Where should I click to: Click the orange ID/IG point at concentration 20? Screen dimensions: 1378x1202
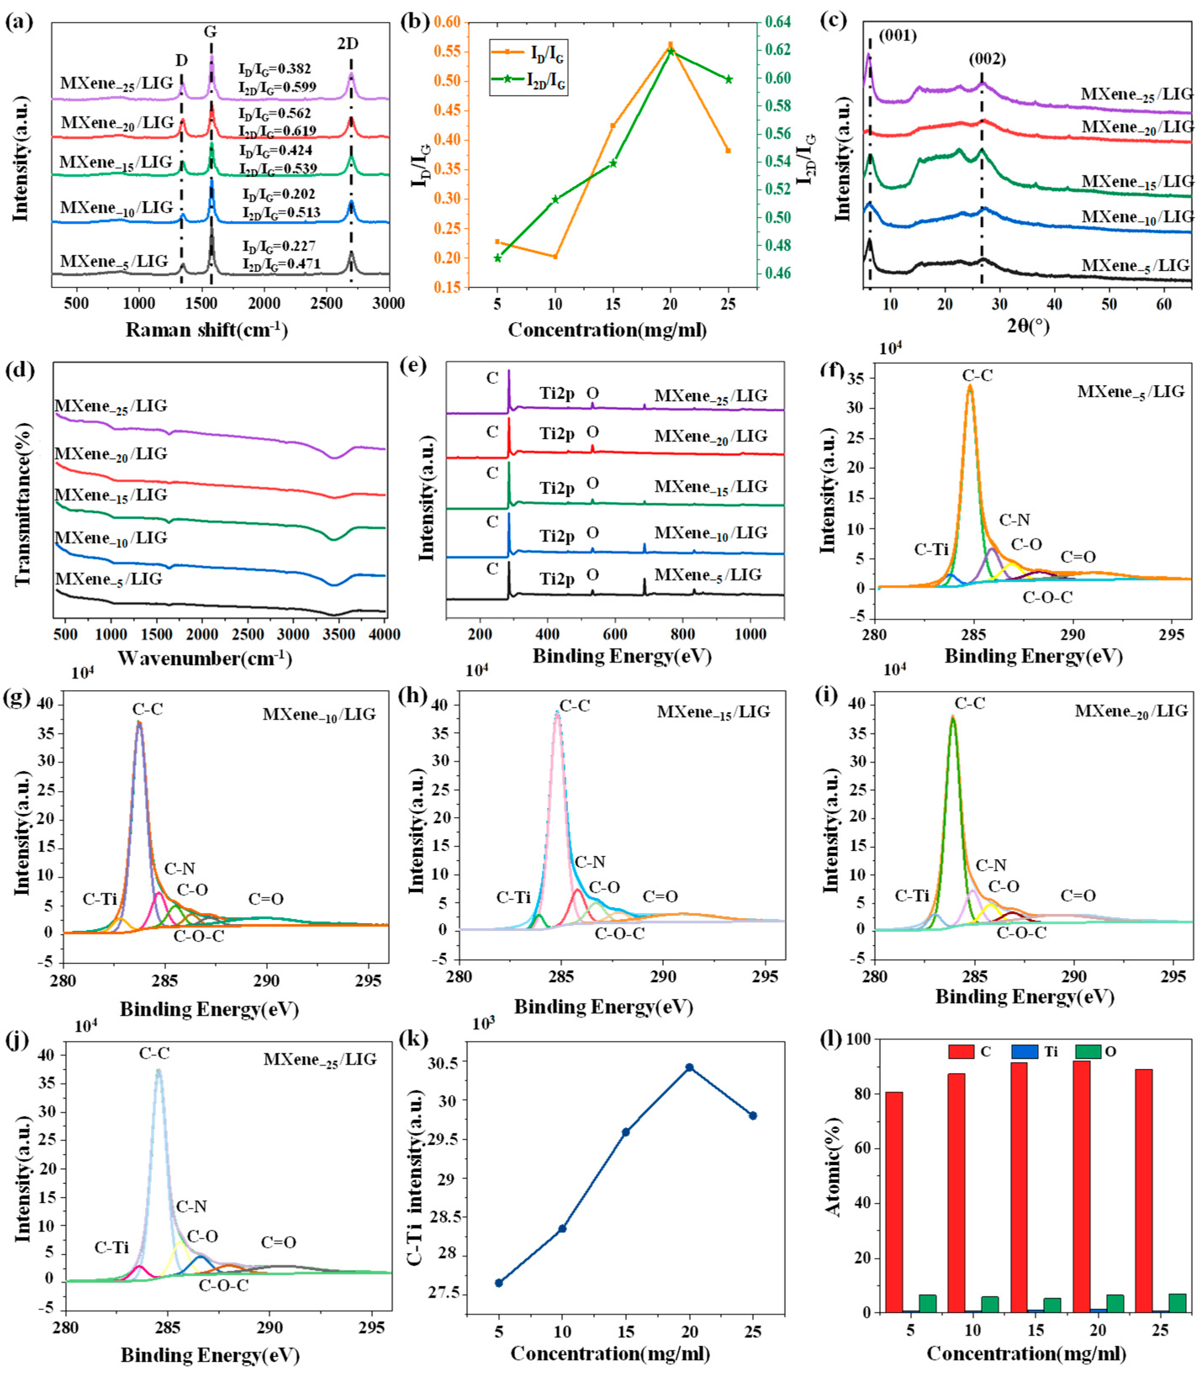click(x=670, y=44)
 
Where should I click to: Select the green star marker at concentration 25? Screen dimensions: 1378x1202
click(x=729, y=79)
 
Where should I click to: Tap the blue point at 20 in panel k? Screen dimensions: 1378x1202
click(x=689, y=1067)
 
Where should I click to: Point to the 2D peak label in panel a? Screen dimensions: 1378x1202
click(x=347, y=44)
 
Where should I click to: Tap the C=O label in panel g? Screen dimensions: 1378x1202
click(x=266, y=899)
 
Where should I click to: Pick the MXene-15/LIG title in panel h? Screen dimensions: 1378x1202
click(x=713, y=711)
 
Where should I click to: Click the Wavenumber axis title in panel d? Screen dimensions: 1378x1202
click(x=205, y=658)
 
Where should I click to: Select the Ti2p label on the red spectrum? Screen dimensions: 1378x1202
click(x=557, y=434)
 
